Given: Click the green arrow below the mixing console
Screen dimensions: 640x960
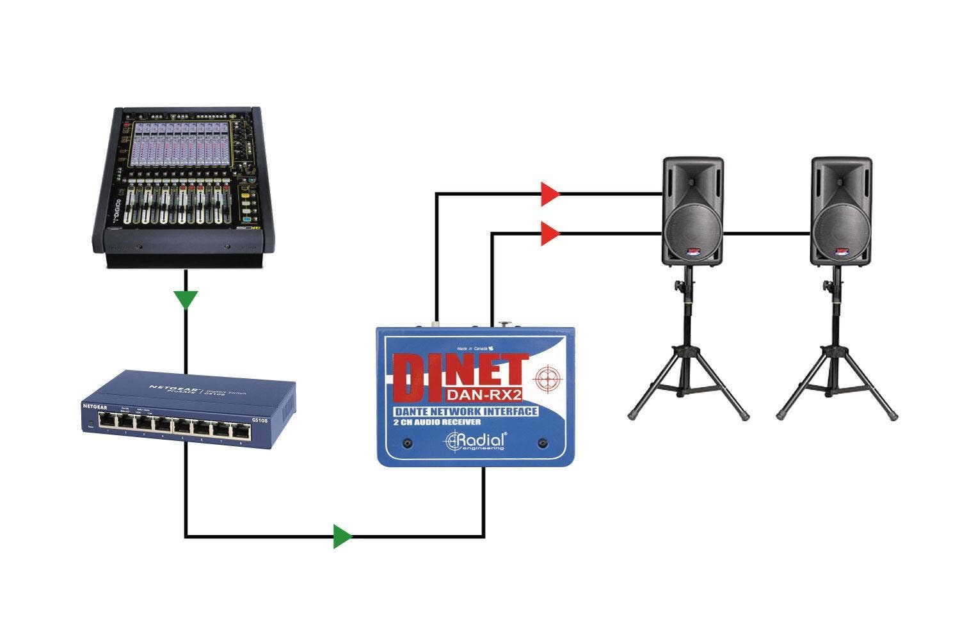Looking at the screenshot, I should [x=186, y=299].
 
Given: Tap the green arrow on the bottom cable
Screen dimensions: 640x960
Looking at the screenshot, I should [x=342, y=536].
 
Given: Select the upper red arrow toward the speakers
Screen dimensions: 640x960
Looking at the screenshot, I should [x=549, y=193].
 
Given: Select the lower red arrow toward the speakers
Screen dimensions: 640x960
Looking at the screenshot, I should [x=549, y=234].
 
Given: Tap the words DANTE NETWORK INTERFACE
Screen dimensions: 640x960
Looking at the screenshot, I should [x=465, y=412].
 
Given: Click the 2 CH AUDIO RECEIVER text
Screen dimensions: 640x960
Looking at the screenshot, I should [x=438, y=422].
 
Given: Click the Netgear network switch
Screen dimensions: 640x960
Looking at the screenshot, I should [x=189, y=410].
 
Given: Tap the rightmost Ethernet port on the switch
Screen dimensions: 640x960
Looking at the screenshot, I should [x=241, y=422].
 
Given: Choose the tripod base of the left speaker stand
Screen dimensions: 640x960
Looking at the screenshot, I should [x=688, y=384].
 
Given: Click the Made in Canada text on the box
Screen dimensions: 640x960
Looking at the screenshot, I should [x=474, y=349].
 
